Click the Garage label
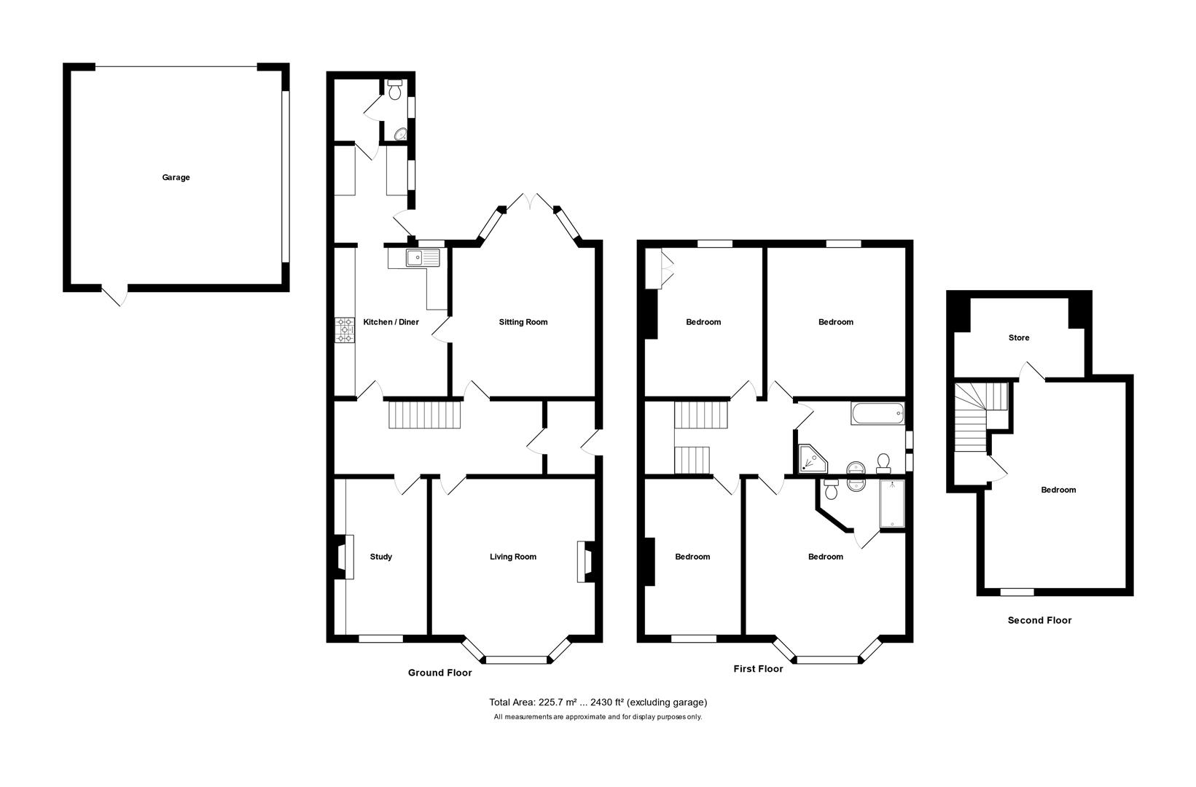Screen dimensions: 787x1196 point(176,177)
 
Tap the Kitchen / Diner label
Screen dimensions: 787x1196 point(391,322)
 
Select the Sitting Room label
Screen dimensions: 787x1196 point(523,322)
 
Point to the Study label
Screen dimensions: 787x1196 point(380,557)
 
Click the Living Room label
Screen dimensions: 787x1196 point(512,557)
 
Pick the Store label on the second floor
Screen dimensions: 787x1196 point(1018,338)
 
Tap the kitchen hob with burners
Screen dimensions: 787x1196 point(344,329)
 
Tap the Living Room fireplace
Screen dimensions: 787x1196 point(585,561)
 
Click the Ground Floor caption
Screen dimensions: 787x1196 point(439,673)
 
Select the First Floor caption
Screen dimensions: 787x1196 point(758,668)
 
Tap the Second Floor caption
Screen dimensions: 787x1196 point(1039,620)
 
